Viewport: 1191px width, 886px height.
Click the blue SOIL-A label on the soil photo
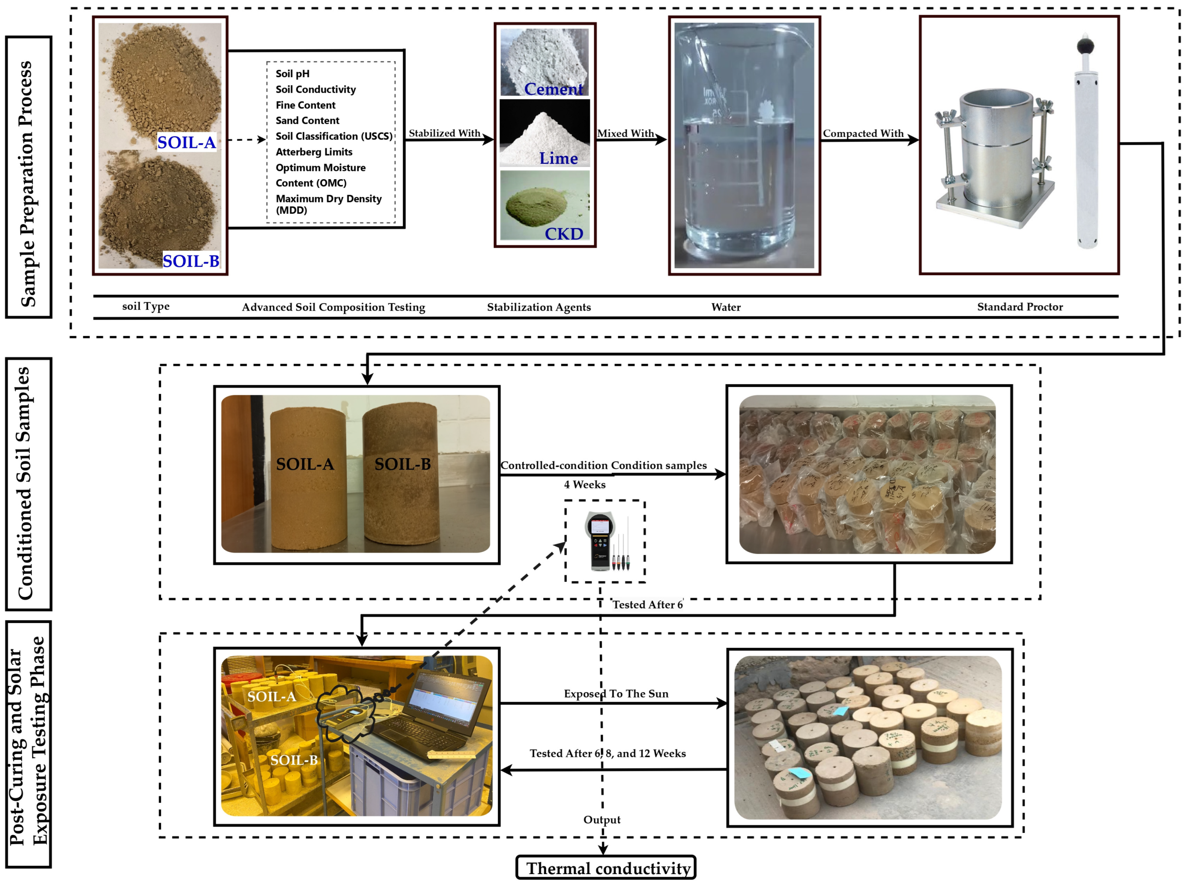[186, 143]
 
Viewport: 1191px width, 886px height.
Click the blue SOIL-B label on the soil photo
[191, 261]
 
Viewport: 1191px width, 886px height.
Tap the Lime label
[558, 158]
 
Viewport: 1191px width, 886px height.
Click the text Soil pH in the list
[292, 74]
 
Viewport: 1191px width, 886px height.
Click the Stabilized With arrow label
[444, 133]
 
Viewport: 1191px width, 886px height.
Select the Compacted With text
[863, 133]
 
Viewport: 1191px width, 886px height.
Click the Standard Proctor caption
[1019, 307]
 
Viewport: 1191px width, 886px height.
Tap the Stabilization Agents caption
[539, 307]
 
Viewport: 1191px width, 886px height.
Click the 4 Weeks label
[585, 485]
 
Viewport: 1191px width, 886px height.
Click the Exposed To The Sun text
[616, 694]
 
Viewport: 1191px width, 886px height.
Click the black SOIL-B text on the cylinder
[402, 464]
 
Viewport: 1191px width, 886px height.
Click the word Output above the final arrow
[602, 820]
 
